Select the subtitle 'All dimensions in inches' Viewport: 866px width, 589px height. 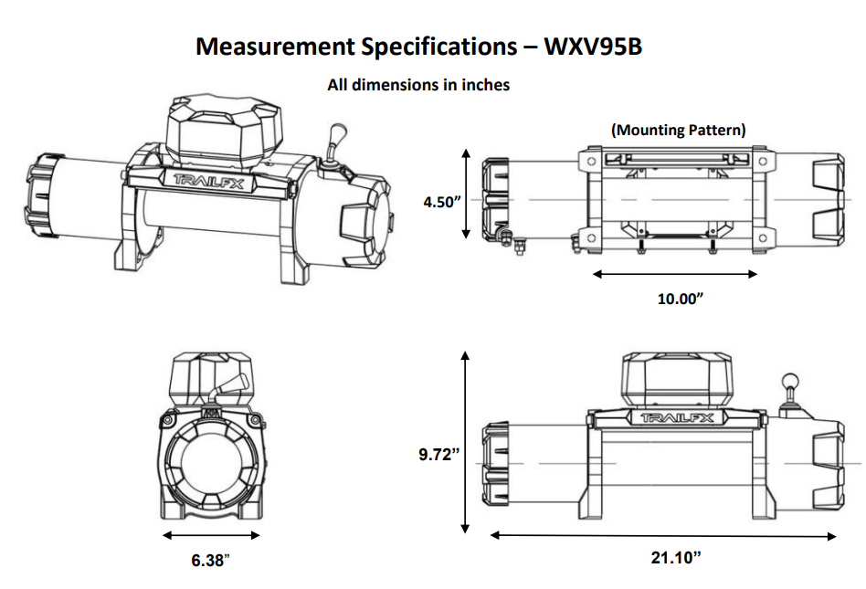(x=418, y=85)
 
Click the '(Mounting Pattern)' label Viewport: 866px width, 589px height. (x=678, y=130)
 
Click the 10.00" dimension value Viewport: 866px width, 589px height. (x=681, y=299)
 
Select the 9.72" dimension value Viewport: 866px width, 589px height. (x=437, y=454)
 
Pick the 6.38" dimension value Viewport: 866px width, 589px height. (x=210, y=560)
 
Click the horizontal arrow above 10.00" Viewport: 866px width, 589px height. (x=675, y=274)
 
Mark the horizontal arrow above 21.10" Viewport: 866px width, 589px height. (x=664, y=536)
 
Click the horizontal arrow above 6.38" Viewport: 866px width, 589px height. (x=211, y=535)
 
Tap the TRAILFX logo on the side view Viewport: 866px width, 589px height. (x=677, y=418)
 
